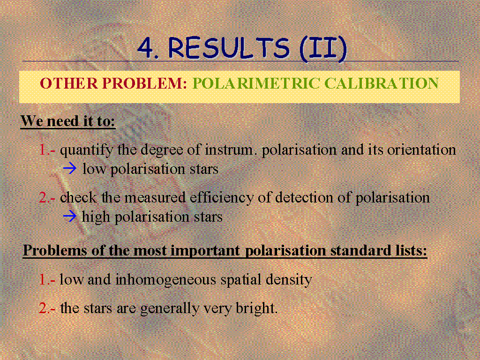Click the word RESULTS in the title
coord(229,48)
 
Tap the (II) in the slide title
coord(323,48)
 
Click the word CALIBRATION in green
coord(381,83)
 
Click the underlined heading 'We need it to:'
coord(68,121)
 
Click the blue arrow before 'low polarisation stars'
coord(70,169)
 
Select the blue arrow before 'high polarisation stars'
coord(70,217)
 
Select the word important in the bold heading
coord(205,251)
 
